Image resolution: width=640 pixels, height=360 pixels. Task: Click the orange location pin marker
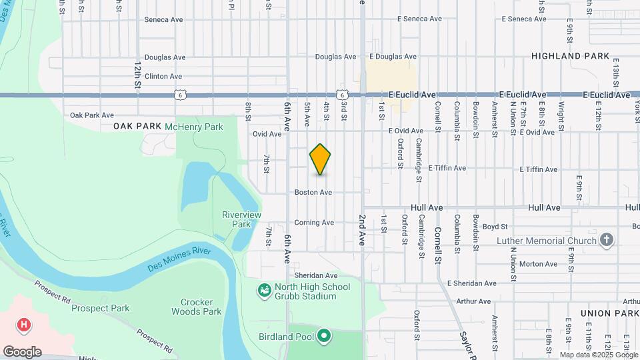click(x=321, y=159)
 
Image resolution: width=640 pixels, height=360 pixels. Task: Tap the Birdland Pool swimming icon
click(x=325, y=335)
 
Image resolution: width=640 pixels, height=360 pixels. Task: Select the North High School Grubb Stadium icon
click(x=265, y=291)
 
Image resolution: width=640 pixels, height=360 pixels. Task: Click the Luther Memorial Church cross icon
click(x=606, y=240)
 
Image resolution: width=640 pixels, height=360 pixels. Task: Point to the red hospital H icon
click(x=24, y=325)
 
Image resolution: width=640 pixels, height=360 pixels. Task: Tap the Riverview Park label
click(x=241, y=219)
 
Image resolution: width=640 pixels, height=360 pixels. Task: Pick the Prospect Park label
click(x=100, y=308)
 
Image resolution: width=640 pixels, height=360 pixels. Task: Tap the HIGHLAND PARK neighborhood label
click(x=571, y=57)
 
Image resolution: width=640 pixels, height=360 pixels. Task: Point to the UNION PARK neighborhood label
click(x=609, y=313)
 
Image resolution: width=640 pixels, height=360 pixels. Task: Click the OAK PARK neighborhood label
click(x=137, y=126)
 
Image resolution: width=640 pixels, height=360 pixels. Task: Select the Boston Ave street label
click(x=313, y=192)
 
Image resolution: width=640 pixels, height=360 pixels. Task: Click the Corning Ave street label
click(x=314, y=223)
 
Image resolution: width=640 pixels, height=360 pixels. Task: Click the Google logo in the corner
click(x=22, y=351)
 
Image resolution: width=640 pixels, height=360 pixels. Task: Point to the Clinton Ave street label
click(x=165, y=77)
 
